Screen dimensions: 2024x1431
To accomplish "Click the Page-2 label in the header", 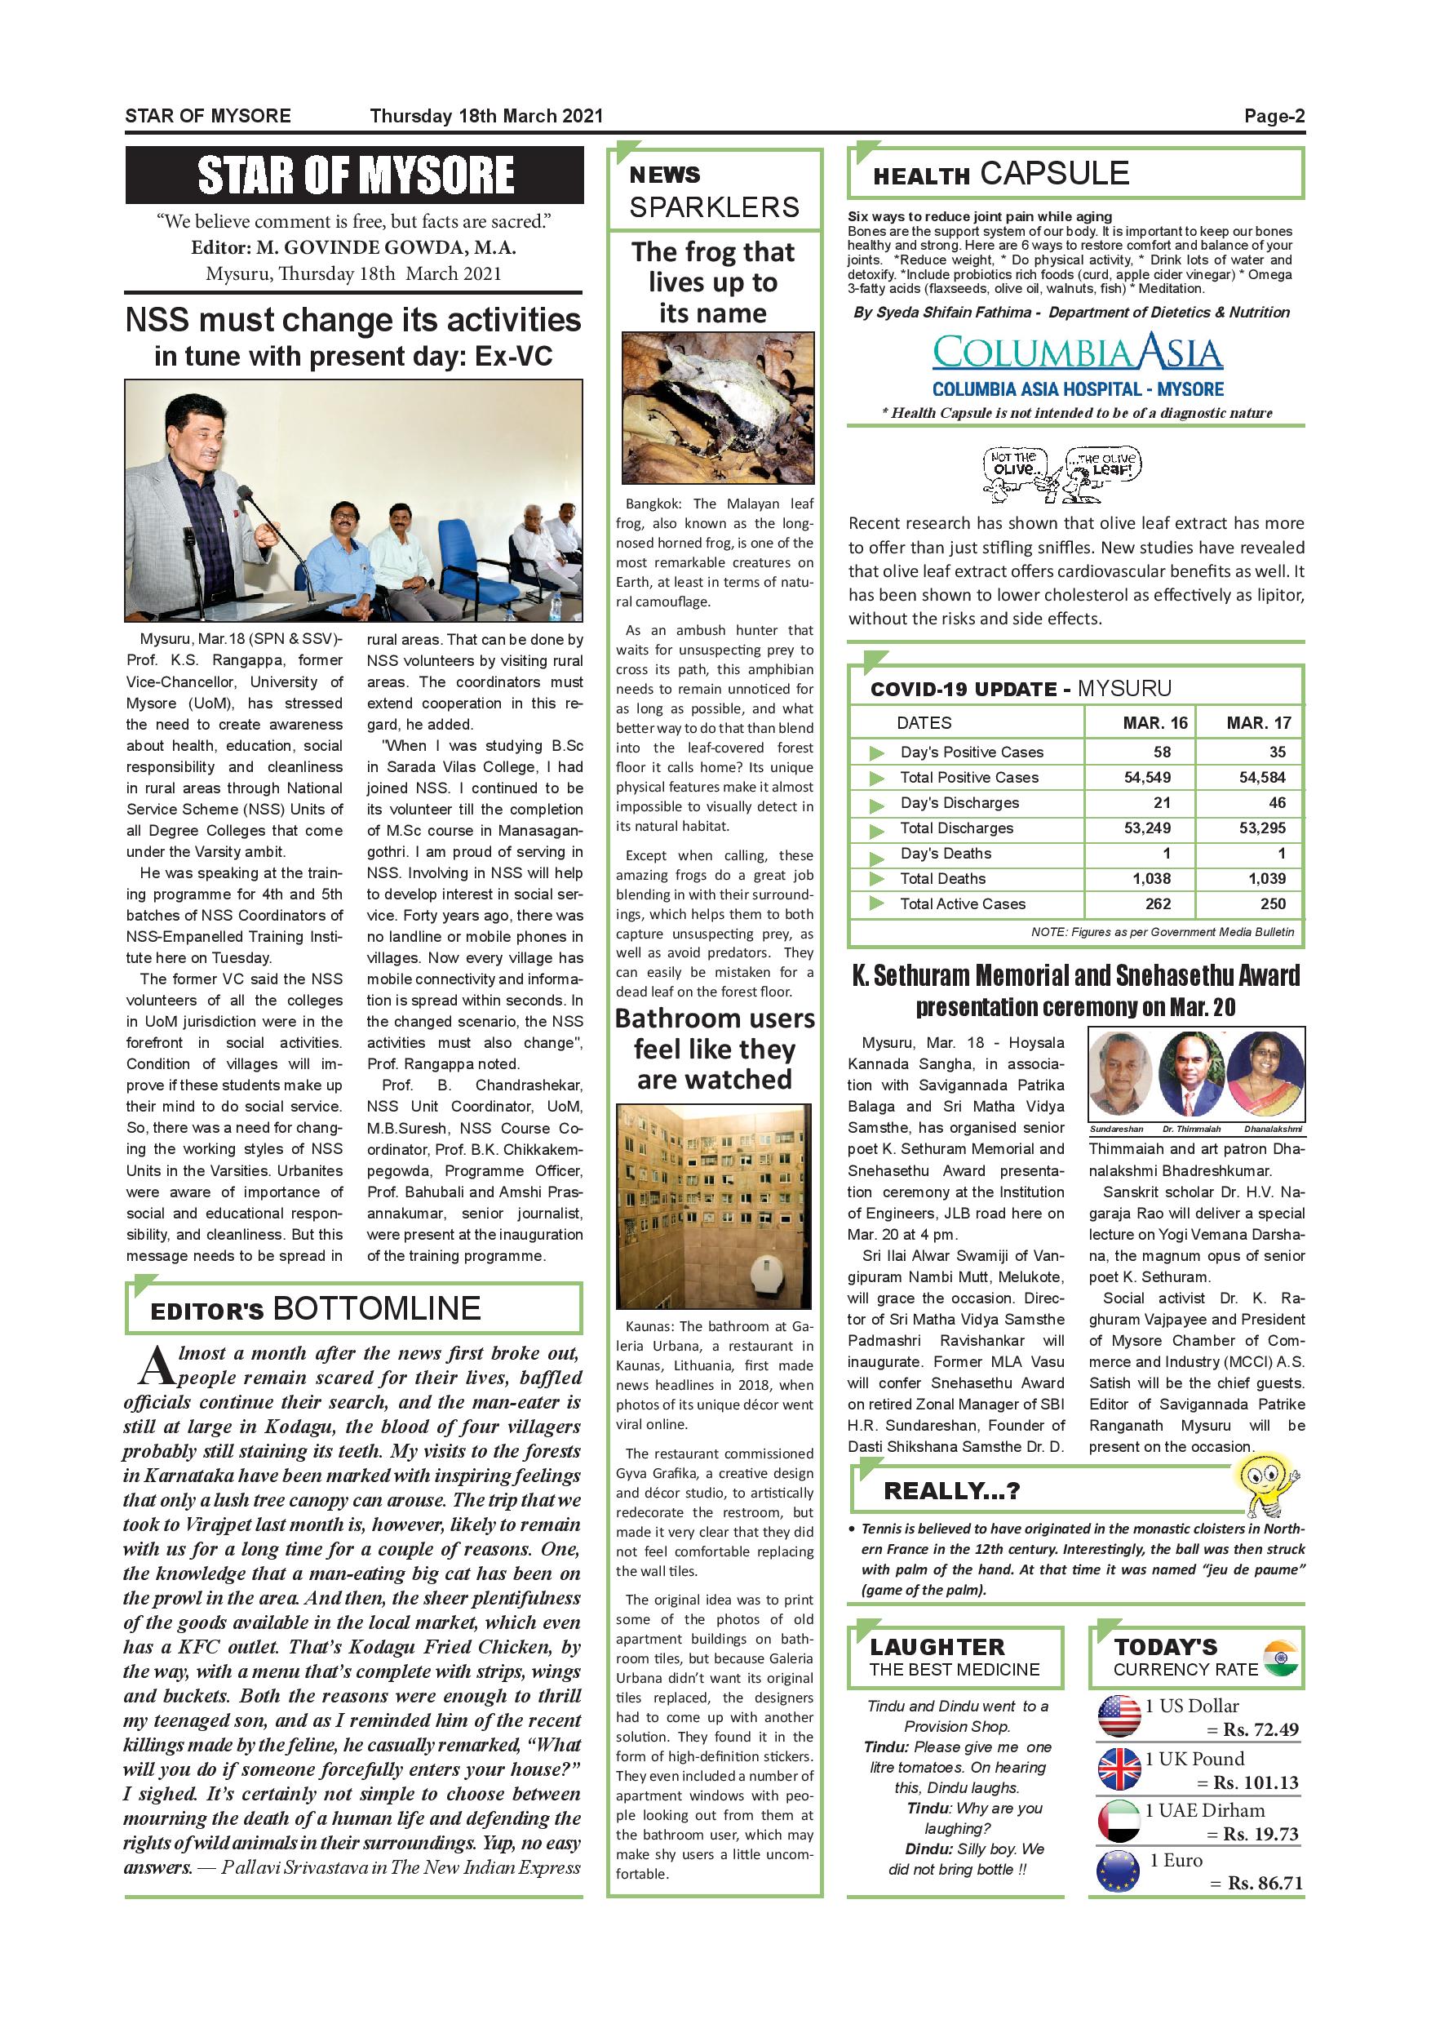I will click(x=1274, y=115).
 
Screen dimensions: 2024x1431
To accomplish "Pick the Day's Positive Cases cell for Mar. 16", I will click(x=1162, y=752).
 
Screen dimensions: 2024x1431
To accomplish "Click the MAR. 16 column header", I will click(x=1154, y=723).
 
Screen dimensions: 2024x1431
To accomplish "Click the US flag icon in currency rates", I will click(x=1119, y=1716).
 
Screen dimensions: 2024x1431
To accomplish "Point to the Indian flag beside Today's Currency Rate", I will click(x=1280, y=1659).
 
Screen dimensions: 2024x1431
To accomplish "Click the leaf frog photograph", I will click(x=717, y=407).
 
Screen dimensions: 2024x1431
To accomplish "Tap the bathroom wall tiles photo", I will click(x=713, y=1206).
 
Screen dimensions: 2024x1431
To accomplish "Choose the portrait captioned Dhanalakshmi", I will click(x=1265, y=1075).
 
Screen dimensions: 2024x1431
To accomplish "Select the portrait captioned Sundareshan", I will click(x=1119, y=1075).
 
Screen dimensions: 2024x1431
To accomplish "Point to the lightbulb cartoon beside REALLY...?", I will click(x=1265, y=1485).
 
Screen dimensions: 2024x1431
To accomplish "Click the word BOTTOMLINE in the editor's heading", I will click(x=377, y=1308).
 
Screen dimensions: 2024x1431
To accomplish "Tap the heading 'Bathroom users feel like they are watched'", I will click(x=714, y=1048).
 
